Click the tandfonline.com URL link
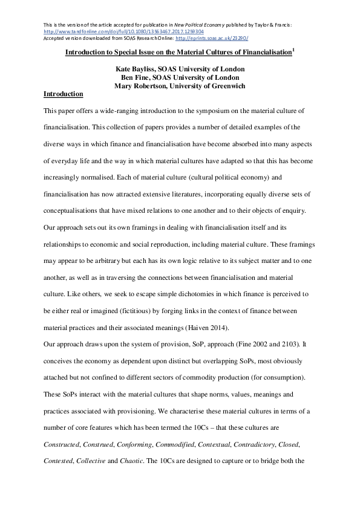point(120,31)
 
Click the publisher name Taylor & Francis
point(272,25)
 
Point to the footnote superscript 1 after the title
point(293,51)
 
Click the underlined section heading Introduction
point(64,94)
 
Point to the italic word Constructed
point(62,444)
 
